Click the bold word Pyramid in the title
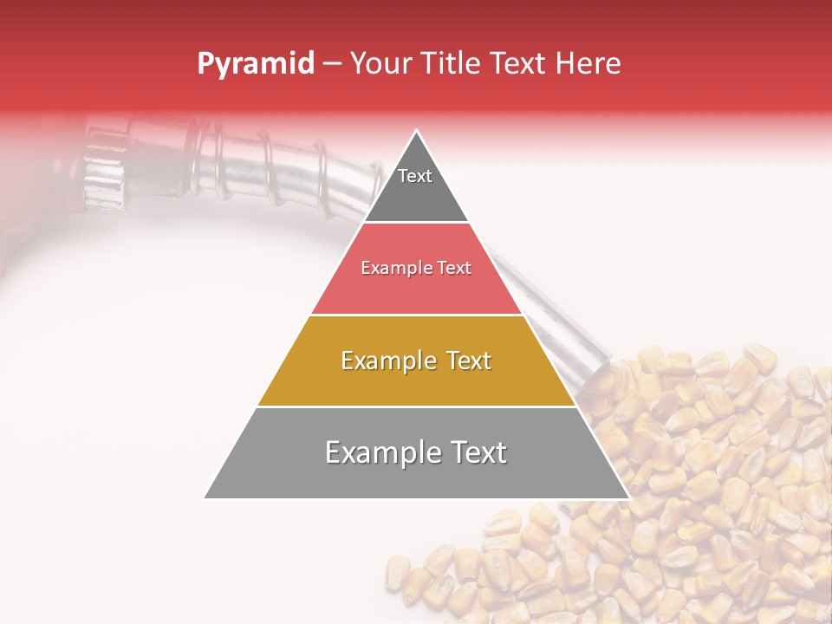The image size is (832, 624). [256, 64]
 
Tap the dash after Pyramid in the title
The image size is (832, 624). [332, 64]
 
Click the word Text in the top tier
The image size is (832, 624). [415, 176]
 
